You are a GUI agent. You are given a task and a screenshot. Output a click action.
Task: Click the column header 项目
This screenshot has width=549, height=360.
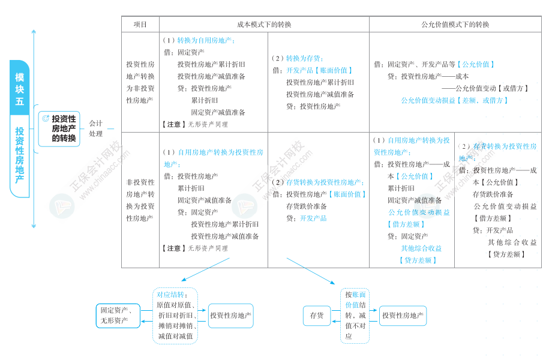coord(140,25)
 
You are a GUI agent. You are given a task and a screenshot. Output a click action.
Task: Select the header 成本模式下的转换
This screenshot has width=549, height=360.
coord(264,25)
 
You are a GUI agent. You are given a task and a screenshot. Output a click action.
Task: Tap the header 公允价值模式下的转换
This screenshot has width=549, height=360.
coord(455,25)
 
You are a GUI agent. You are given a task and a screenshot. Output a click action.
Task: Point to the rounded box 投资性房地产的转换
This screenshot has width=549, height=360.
coord(59,128)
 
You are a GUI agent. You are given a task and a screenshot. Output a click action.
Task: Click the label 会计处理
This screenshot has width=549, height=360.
coord(95,128)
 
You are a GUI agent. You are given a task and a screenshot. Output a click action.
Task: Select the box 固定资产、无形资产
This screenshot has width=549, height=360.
coord(118,316)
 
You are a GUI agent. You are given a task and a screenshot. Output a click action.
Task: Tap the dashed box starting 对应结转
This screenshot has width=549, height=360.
coord(175,316)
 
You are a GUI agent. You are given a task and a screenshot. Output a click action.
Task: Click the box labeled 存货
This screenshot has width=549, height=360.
coord(317,316)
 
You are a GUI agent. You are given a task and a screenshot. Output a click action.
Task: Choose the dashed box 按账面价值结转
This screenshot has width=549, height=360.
coord(355,316)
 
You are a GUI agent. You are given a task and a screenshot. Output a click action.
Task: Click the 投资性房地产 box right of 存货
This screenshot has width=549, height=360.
coord(403,316)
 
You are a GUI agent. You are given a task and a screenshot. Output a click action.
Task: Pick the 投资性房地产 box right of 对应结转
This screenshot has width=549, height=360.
coord(231,316)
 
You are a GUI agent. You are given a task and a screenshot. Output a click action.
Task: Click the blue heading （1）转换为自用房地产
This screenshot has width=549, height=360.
coord(199,41)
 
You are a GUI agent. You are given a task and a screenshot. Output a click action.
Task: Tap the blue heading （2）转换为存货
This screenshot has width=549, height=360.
coord(298,58)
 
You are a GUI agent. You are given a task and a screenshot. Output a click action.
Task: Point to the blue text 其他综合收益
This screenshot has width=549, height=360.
coord(421,248)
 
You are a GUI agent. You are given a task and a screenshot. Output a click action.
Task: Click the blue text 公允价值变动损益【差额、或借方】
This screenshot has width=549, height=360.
coord(454,101)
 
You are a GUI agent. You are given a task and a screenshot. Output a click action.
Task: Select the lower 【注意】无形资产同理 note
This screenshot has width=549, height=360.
coord(194,248)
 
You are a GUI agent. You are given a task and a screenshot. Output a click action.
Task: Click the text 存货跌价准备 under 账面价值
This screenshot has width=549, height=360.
coord(307,206)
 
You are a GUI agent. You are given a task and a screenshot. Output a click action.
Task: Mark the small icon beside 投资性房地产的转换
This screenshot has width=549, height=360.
coord(46,118)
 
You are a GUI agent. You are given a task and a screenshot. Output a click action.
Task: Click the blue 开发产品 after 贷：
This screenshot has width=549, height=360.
coord(313,218)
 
